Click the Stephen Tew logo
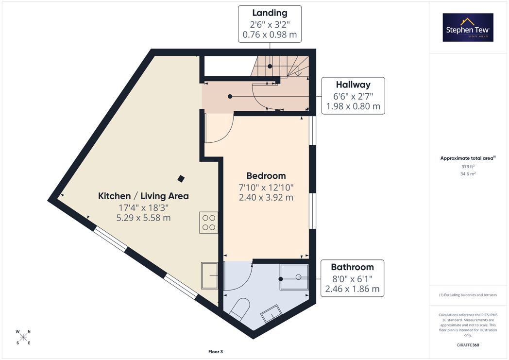pyautogui.click(x=468, y=27)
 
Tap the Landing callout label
pyautogui.click(x=270, y=24)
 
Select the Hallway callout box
pyautogui.click(x=353, y=96)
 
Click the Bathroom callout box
pyautogui.click(x=352, y=278)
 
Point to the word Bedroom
pyautogui.click(x=266, y=175)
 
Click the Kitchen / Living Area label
pyautogui.click(x=143, y=196)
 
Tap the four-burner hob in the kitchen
pyautogui.click(x=209, y=223)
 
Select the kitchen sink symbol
pyautogui.click(x=209, y=275)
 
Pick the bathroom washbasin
pyautogui.click(x=271, y=313)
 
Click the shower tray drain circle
pyautogui.click(x=299, y=277)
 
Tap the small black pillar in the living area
pyautogui.click(x=181, y=178)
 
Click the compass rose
pyautogui.click(x=23, y=337)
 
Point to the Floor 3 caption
pyautogui.click(x=216, y=352)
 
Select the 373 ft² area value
pyautogui.click(x=468, y=167)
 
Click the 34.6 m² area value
pyautogui.click(x=468, y=173)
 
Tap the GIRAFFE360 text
pyautogui.click(x=468, y=345)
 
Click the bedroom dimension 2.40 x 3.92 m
pyautogui.click(x=266, y=197)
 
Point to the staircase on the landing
pyautogui.click(x=280, y=66)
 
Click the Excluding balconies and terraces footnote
pyautogui.click(x=468, y=295)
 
